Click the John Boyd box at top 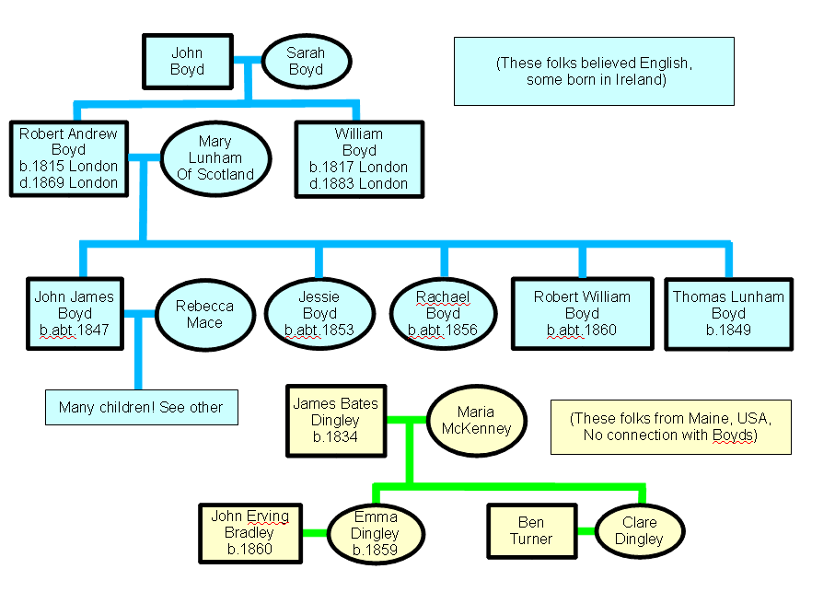[187, 62]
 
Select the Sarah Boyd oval [306, 62]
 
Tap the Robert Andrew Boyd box [69, 158]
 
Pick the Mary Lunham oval [215, 158]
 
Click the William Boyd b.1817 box [359, 158]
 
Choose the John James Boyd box [75, 313]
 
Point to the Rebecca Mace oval [204, 314]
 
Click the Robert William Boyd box [582, 313]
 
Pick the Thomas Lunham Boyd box [728, 313]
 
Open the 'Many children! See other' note [141, 407]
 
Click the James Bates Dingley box [335, 420]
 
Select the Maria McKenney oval [475, 420]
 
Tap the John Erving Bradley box [250, 533]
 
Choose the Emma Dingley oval [375, 533]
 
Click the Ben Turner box [531, 531]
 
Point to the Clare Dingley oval [640, 531]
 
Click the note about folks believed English [594, 71]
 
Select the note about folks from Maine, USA [670, 426]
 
